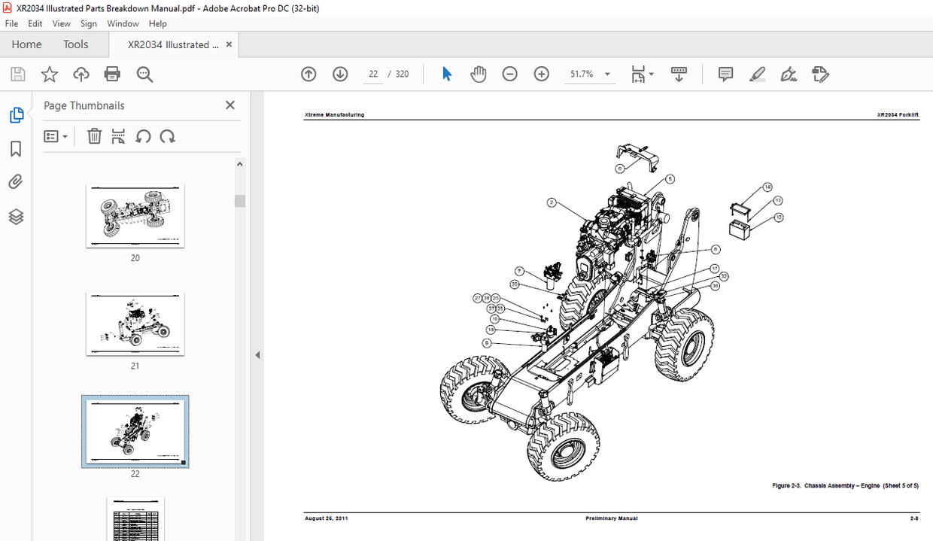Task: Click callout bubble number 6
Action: pos(620,169)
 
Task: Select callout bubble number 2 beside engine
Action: pos(552,202)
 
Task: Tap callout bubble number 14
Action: pos(767,187)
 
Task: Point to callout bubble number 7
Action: pos(519,271)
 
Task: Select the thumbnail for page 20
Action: pos(135,216)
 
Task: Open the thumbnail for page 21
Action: pos(135,324)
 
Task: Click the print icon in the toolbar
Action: pos(112,74)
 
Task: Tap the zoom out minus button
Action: pos(510,74)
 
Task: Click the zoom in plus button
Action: pos(542,74)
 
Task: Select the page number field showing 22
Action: pos(372,74)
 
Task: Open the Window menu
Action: pos(123,23)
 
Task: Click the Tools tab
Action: pos(75,44)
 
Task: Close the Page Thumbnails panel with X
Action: pos(230,105)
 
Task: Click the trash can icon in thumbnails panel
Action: pos(94,136)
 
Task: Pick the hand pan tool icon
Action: pos(479,74)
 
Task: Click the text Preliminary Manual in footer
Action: pos(611,518)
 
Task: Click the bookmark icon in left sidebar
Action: pos(16,149)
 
